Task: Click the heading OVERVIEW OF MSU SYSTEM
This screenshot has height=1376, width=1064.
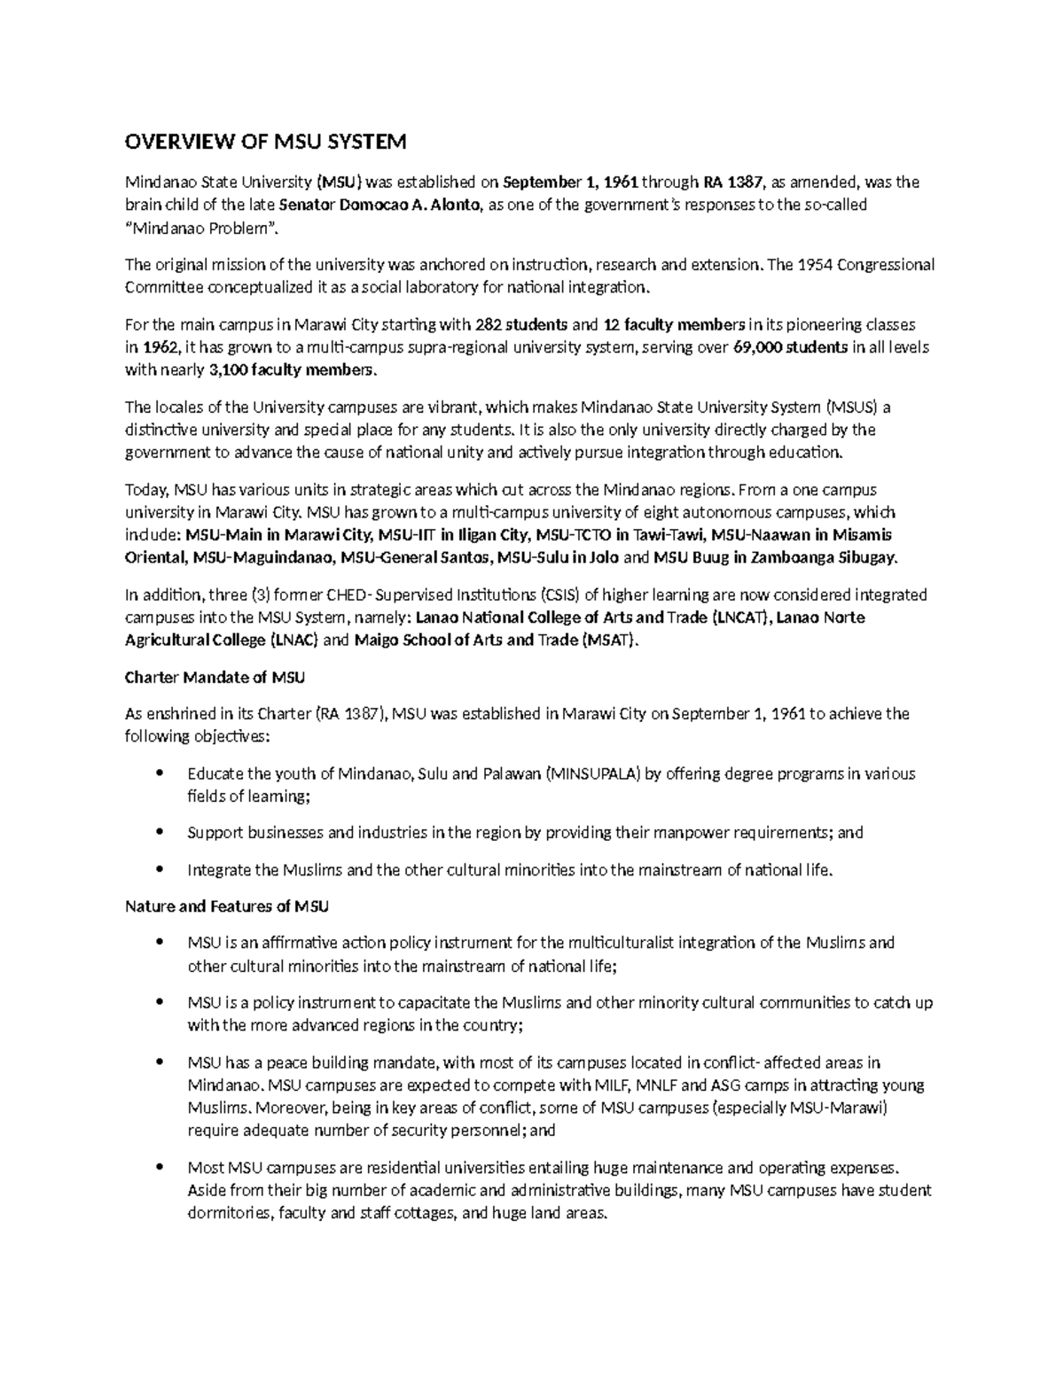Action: tap(266, 142)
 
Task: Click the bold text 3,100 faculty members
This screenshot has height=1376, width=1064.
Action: tap(293, 369)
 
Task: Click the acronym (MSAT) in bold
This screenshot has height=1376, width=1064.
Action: tap(608, 640)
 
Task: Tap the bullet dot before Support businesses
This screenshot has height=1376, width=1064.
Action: tap(160, 832)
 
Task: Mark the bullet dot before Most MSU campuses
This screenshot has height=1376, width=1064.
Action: tap(160, 1167)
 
